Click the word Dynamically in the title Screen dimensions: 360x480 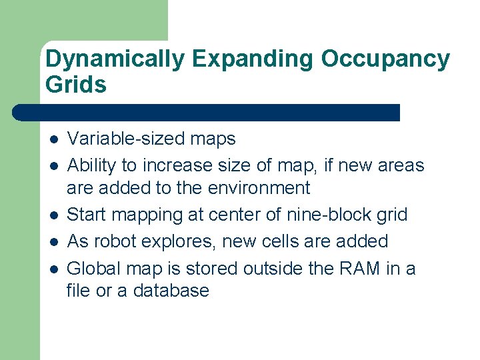tap(115, 60)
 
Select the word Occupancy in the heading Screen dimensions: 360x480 tap(386, 60)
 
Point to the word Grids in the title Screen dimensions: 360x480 tap(76, 85)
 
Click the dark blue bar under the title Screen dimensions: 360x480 tap(207, 112)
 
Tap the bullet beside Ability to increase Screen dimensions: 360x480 tap(53, 165)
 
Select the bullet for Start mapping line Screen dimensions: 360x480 tap(53, 215)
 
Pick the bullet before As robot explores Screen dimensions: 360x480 tap(53, 241)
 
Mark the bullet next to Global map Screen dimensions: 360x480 tap(53, 269)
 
